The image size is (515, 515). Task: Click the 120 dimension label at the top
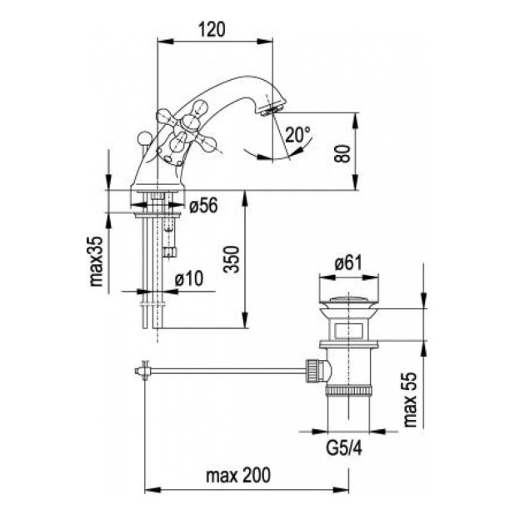click(212, 29)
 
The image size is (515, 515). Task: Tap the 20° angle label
click(297, 134)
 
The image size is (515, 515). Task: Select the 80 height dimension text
click(342, 153)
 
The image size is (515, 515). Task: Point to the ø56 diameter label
click(203, 206)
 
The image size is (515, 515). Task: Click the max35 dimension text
click(96, 261)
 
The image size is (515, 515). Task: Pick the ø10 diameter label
click(189, 279)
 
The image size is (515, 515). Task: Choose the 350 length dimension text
click(231, 259)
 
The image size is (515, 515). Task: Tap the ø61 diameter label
click(348, 263)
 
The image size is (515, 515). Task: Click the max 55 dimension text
click(409, 399)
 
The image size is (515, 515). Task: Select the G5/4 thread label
click(344, 448)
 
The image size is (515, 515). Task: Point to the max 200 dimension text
click(238, 475)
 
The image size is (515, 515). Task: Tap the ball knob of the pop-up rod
click(143, 137)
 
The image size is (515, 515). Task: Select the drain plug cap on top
click(348, 299)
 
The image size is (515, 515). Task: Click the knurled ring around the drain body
click(348, 391)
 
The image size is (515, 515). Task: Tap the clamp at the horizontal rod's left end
click(143, 371)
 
